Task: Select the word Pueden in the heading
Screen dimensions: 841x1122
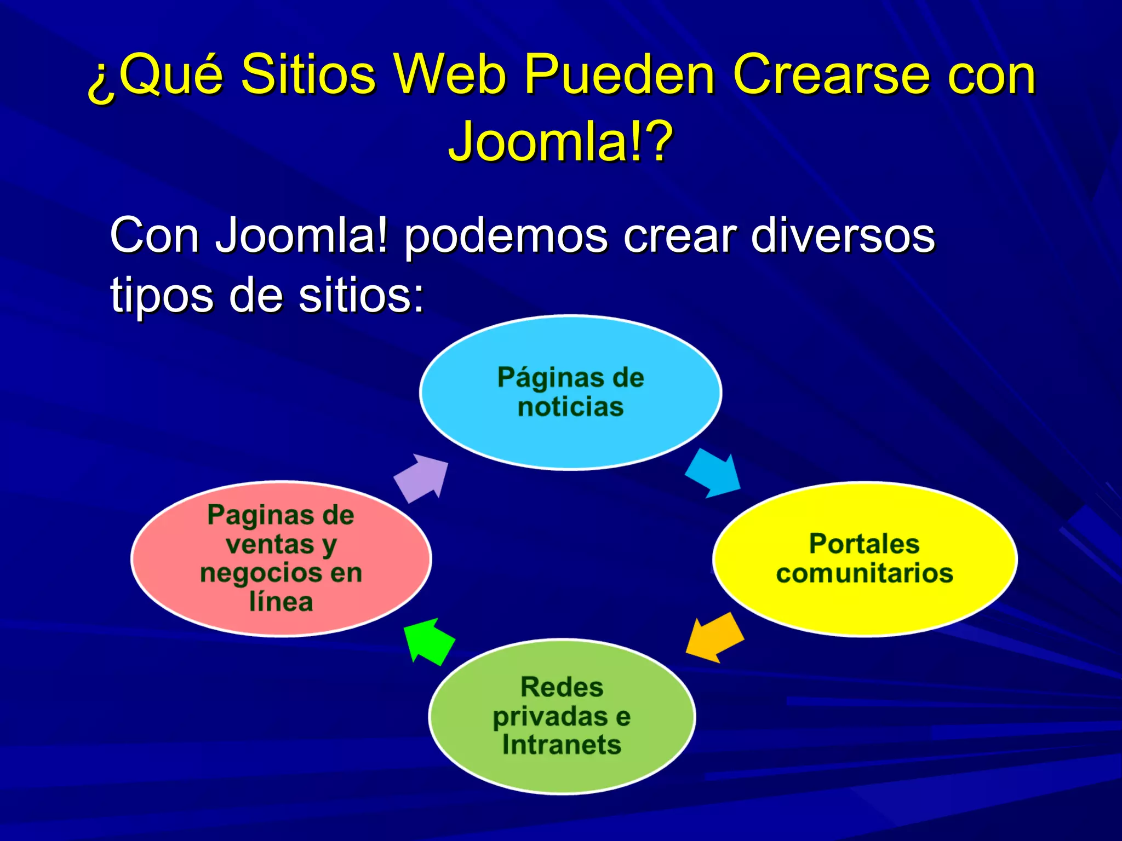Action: [619, 74]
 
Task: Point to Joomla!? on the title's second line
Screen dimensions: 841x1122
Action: [560, 141]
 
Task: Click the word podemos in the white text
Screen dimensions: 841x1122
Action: [506, 237]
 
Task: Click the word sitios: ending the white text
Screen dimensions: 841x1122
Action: [362, 296]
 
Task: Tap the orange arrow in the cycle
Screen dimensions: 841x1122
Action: [714, 637]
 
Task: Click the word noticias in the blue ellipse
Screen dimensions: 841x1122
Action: [570, 407]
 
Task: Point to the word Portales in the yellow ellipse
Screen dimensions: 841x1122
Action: [864, 544]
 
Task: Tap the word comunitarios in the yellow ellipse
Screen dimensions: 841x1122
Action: [864, 574]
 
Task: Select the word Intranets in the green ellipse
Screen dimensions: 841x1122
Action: [562, 745]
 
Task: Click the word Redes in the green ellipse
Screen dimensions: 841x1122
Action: [562, 687]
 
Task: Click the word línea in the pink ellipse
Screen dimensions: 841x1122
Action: [281, 602]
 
